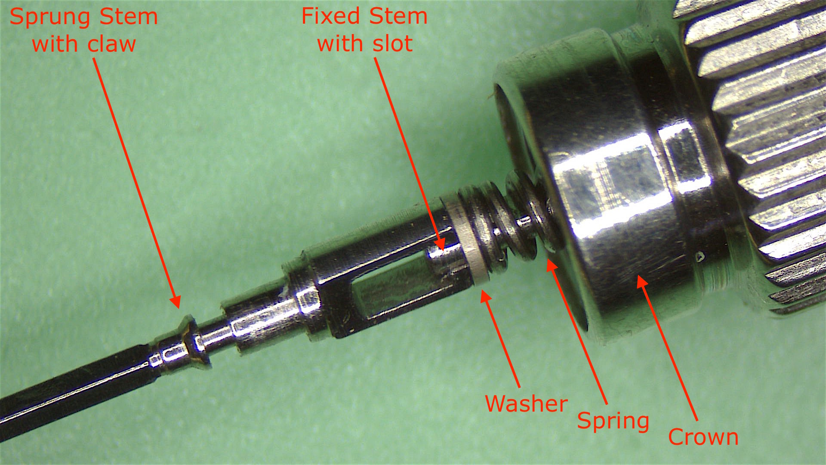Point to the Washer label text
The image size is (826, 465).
[x=526, y=403]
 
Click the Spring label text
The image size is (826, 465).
[x=613, y=421]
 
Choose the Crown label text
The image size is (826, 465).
[x=703, y=437]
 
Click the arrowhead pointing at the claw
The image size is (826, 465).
[x=175, y=301]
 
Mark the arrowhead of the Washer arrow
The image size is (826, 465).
[x=486, y=297]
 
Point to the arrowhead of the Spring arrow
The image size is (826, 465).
[x=551, y=265]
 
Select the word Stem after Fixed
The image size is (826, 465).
[x=398, y=16]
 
